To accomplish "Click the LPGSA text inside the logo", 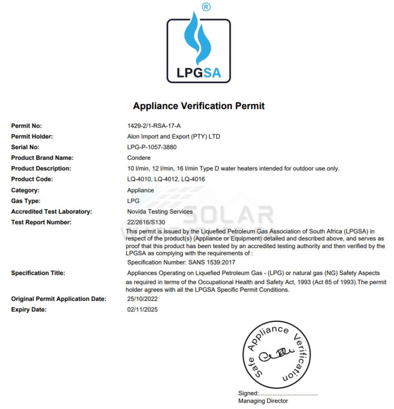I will (x=199, y=72).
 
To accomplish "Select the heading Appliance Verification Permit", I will (x=199, y=106).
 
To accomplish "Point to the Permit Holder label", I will (x=32, y=136).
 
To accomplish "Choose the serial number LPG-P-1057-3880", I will (x=152, y=147).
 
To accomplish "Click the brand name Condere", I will (x=139, y=158).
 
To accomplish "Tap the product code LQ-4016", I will (x=193, y=179).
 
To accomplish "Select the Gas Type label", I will (x=26, y=201).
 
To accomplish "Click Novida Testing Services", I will (x=160, y=211).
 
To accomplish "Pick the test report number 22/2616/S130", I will (x=146, y=222).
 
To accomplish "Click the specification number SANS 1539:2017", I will (x=212, y=262).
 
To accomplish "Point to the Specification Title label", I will (x=38, y=273).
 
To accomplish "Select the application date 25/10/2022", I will (x=143, y=299).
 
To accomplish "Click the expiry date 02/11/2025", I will (x=143, y=309).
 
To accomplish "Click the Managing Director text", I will (x=263, y=401).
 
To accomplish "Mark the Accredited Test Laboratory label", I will (x=52, y=211).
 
